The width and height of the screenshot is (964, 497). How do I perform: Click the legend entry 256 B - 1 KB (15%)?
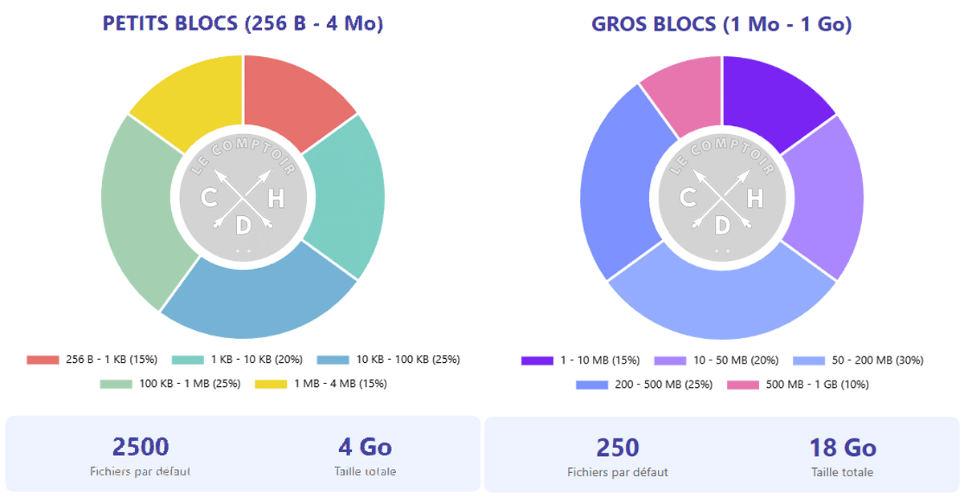point(92,360)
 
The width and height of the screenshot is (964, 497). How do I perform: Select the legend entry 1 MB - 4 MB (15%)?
point(321,384)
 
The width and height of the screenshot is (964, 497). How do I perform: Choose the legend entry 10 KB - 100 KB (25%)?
point(389,360)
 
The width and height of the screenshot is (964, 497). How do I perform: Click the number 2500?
point(141,446)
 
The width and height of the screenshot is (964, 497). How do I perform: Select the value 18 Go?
point(842,447)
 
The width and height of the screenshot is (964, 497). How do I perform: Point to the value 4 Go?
point(365,446)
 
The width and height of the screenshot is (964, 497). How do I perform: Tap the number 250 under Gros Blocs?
point(617,447)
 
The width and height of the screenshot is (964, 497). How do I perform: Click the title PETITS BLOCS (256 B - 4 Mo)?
point(243,24)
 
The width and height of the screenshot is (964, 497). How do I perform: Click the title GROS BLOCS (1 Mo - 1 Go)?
point(721,24)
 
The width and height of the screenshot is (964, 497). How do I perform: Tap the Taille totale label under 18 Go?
point(842,472)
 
